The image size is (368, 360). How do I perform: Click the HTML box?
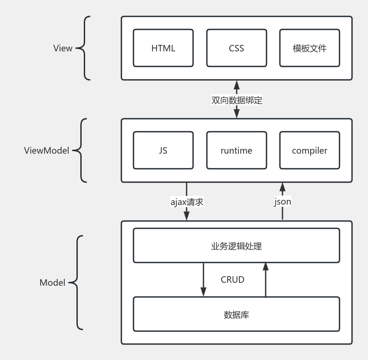163,48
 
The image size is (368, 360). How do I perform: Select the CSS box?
236,48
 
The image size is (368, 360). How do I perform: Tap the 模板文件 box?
309,48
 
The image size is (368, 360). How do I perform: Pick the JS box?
163,150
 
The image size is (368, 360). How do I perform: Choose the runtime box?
236,150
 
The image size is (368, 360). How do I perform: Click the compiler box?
309,150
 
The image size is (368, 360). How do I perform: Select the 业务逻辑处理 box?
236,246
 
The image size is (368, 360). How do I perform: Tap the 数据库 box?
236,315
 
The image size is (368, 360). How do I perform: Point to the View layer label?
63,48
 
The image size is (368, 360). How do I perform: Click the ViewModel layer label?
47,151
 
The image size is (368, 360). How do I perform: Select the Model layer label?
52,283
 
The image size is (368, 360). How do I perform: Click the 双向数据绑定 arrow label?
237,100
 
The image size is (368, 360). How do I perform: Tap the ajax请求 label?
187,202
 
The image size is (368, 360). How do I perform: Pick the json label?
282,202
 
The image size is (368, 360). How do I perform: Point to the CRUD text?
232,280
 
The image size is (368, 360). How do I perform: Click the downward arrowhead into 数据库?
203,292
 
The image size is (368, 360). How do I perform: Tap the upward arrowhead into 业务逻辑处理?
266,267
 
